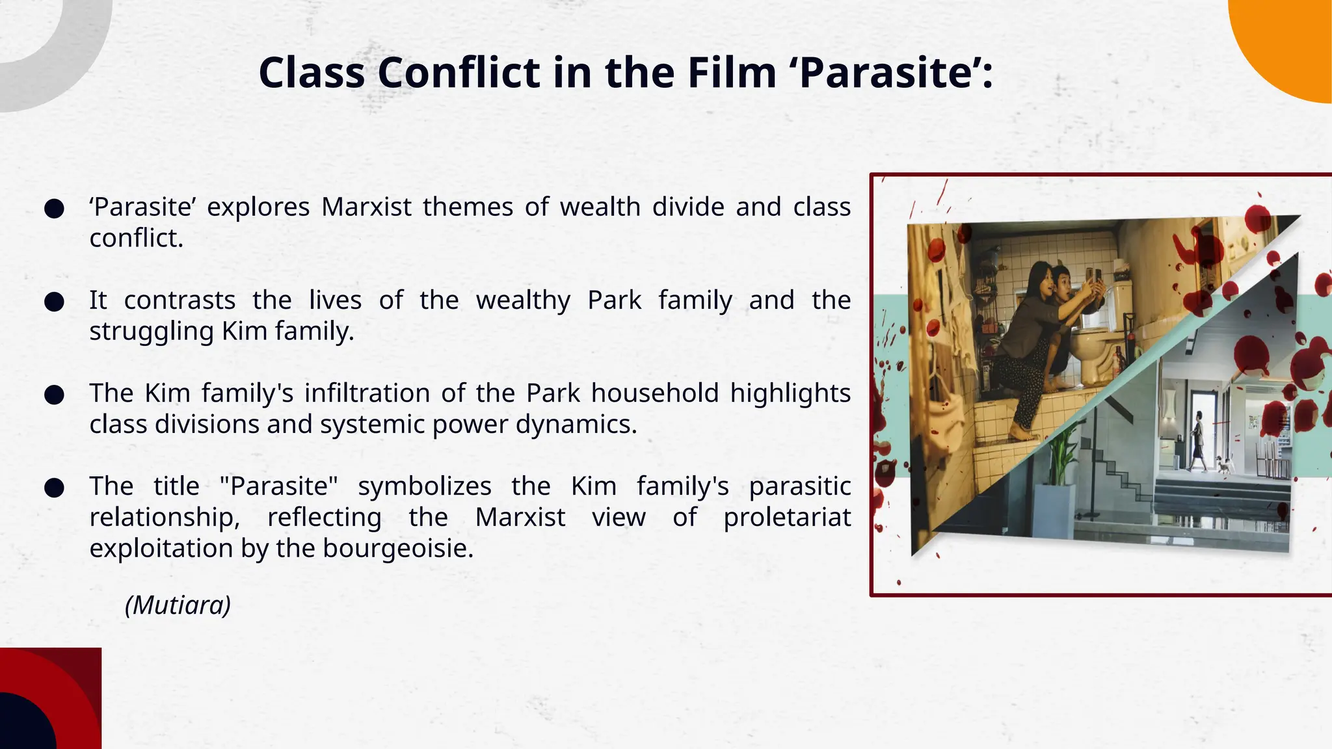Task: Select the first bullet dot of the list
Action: [54, 209]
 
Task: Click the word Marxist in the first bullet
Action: [366, 207]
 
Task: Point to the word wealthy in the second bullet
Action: [523, 300]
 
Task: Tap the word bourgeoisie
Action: [398, 548]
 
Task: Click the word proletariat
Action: [787, 518]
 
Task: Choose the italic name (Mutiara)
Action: [178, 605]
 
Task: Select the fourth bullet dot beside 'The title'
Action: [54, 488]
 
